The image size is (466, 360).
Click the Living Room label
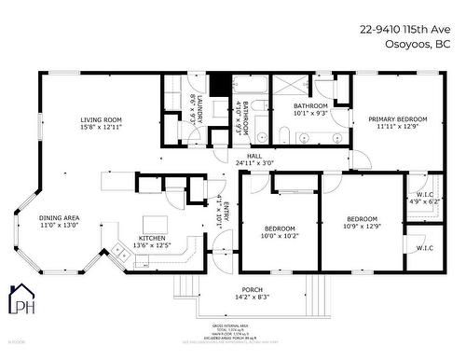point(101,119)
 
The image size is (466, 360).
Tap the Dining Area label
point(59,217)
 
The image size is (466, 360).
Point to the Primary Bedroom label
point(397,119)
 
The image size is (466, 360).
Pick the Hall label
point(254,157)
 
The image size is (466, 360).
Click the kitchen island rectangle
point(155,222)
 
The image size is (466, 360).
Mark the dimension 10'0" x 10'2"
point(280,236)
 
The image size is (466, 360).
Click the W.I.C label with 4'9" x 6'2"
point(424,195)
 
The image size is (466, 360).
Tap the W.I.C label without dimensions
point(424,248)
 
